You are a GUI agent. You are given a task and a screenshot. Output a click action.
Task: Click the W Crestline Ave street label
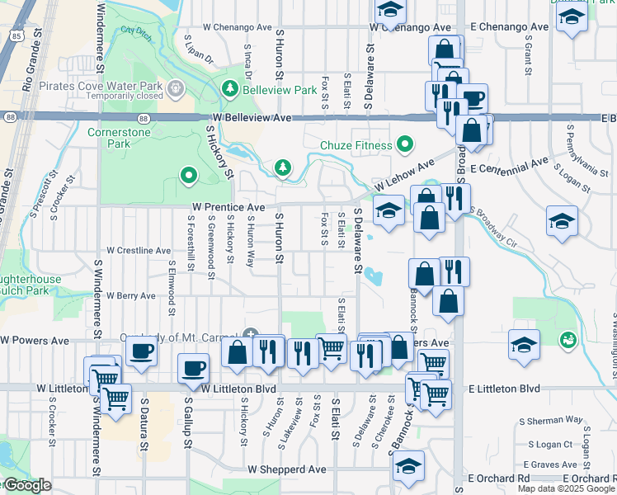point(139,250)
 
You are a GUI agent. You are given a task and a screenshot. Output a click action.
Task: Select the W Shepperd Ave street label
point(287,469)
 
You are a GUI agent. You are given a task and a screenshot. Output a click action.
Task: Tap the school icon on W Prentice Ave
point(389,211)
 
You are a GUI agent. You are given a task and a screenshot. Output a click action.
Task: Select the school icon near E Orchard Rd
point(408,466)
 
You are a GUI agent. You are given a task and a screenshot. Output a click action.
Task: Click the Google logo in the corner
point(26,486)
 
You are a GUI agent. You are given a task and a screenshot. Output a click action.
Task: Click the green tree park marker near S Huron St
point(283,168)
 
